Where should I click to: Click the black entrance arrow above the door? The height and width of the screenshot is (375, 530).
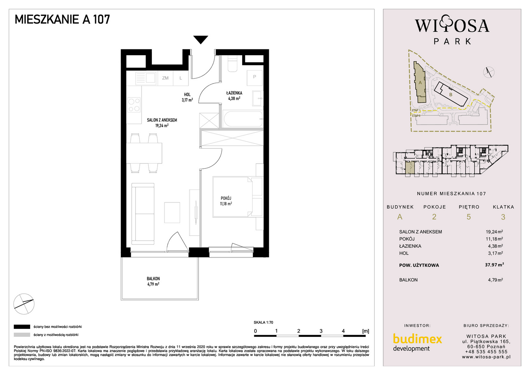200,39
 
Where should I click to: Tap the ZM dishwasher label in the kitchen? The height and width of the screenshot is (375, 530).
165,78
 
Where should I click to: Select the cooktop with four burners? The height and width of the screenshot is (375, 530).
134,105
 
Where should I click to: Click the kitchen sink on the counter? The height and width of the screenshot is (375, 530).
146,78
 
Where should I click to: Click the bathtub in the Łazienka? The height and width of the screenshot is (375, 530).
243,119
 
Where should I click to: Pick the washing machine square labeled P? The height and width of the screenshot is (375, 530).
255,78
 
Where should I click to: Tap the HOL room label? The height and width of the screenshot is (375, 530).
187,94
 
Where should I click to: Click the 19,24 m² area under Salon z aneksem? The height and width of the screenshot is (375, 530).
162,125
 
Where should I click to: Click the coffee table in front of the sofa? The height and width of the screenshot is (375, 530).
172,212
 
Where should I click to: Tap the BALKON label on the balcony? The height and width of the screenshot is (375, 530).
153,278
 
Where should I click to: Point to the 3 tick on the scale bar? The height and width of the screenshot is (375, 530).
321,331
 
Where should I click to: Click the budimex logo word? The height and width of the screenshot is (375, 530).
417,339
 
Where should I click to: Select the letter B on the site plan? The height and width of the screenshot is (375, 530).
451,95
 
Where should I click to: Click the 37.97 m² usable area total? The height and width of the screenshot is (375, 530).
494,265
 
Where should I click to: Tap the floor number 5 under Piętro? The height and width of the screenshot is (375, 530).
469,217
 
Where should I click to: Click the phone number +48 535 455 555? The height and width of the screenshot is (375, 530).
486,352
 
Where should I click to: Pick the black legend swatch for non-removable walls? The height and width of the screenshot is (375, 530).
22,327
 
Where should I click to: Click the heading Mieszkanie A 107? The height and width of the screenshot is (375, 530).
62,19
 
